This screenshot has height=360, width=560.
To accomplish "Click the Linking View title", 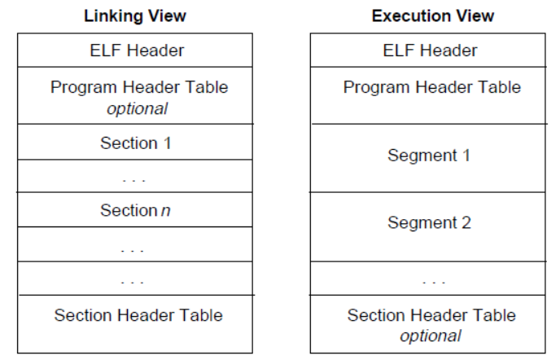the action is (135, 15).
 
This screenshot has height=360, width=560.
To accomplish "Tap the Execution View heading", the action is (432, 15).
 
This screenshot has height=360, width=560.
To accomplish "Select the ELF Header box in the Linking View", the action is (136, 50).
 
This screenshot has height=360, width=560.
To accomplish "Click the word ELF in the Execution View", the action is (397, 50).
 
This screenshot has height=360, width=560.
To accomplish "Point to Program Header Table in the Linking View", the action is (139, 86).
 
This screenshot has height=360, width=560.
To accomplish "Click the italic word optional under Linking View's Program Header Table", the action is (137, 108).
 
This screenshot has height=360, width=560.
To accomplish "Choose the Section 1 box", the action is (136, 143).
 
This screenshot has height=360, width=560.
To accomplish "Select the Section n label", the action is (136, 211).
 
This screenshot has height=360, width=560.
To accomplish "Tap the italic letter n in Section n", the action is (166, 211).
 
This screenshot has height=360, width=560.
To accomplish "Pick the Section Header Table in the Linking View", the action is (138, 315).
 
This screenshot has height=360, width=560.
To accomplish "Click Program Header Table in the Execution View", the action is (432, 86).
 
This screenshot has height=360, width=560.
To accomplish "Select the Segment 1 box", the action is (429, 155).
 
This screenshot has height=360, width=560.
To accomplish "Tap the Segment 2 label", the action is (429, 222).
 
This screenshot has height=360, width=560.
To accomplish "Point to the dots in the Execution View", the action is (434, 282).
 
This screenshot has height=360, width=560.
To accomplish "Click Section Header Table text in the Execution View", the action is (431, 315).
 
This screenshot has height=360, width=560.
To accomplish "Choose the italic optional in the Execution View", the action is (430, 336).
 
